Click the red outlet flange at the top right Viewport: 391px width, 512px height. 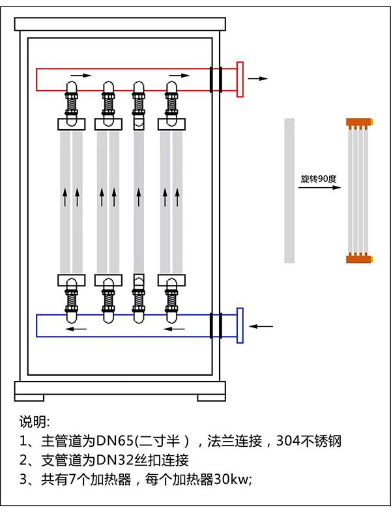[x=240, y=79]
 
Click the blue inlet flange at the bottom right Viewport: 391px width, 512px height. [x=240, y=325]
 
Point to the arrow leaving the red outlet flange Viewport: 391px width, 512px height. [x=259, y=78]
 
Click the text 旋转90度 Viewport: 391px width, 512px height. [x=317, y=178]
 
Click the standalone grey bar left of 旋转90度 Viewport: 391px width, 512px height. [x=290, y=190]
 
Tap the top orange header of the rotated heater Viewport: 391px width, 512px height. [x=358, y=122]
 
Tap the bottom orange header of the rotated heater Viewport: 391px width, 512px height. [x=358, y=258]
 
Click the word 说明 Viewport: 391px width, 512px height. [x=33, y=421]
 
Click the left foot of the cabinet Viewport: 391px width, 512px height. [x=30, y=397]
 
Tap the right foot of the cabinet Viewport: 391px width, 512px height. [x=211, y=397]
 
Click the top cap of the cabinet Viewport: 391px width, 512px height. [x=120, y=24]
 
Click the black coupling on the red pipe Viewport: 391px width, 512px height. [x=216, y=79]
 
